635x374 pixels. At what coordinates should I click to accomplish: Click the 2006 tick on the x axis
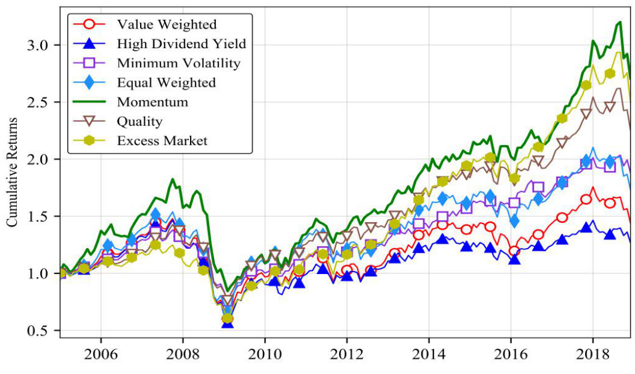[100, 354]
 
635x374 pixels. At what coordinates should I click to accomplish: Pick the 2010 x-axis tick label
[265, 354]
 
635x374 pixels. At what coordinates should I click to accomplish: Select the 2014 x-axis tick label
[429, 354]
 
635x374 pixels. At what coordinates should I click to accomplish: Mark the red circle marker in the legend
[90, 25]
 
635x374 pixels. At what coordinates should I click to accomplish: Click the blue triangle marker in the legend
[90, 44]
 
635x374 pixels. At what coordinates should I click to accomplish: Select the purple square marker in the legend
[90, 63]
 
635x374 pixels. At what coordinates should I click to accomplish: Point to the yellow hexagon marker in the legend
[90, 140]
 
